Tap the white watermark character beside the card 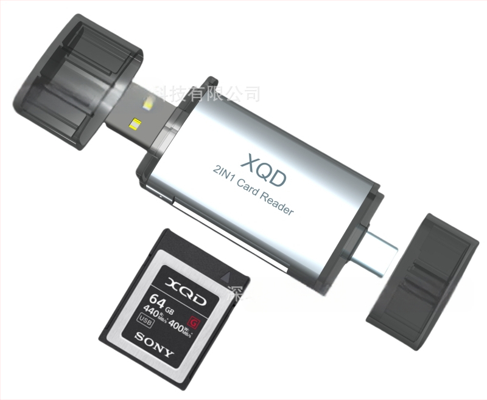click(234, 293)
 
